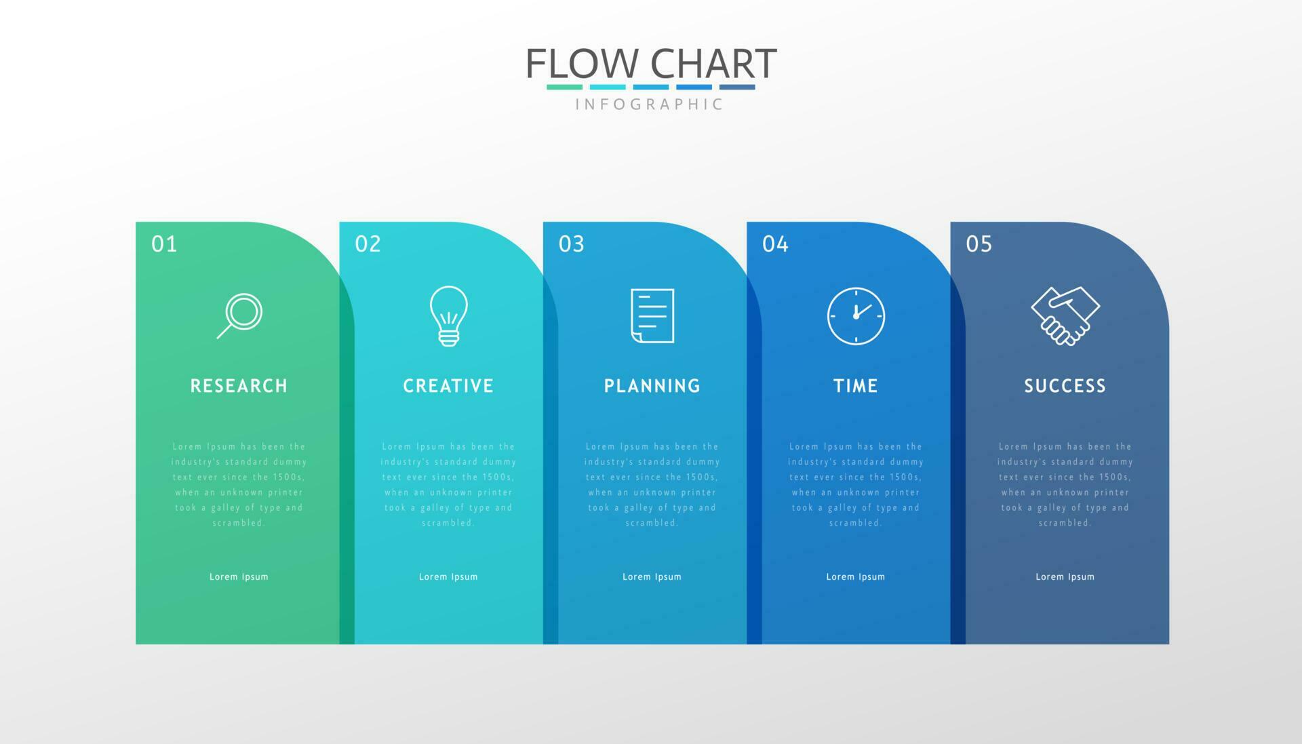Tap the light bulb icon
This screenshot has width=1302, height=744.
point(448,316)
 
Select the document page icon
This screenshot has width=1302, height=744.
point(652,315)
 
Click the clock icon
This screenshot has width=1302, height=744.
point(856,316)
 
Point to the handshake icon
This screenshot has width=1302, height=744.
point(1065,316)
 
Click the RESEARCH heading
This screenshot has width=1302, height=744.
point(239,386)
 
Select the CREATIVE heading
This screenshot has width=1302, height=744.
point(448,386)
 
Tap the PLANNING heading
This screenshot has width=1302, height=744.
point(652,386)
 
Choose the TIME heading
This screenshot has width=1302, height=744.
point(856,386)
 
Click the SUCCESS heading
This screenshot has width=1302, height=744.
point(1065,386)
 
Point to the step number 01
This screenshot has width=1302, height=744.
point(164,244)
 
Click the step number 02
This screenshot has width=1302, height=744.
point(368,244)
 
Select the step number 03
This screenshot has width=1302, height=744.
point(572,244)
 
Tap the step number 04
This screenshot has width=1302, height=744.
point(775,244)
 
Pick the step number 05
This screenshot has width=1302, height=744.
point(979,244)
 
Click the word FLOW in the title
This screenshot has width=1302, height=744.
point(582,64)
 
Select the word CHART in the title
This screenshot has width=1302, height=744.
point(713,64)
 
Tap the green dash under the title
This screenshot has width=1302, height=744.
point(564,87)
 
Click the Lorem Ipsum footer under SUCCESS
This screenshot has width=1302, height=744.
point(1065,577)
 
